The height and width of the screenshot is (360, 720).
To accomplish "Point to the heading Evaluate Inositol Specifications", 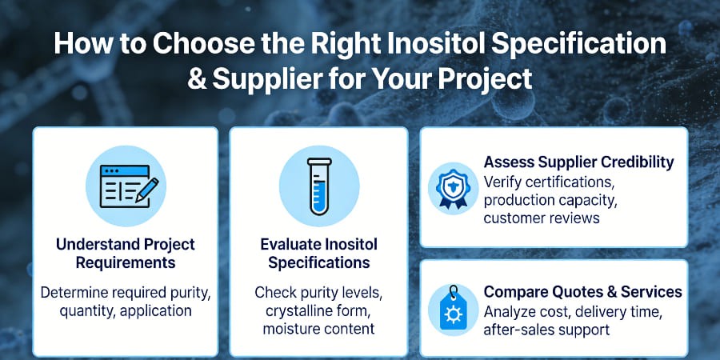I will point(318,253).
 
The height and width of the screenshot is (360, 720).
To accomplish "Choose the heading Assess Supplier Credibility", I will point(578,162).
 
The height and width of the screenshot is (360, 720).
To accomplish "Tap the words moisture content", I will point(318,329).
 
